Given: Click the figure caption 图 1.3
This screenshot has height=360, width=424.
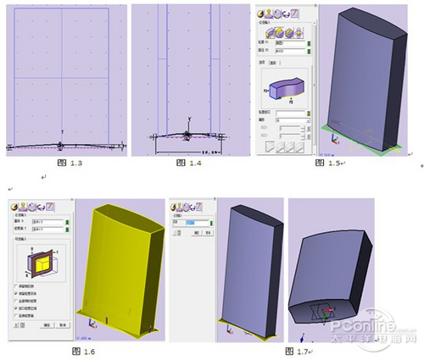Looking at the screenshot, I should (62, 162).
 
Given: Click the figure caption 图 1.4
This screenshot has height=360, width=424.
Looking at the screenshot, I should (189, 162).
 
